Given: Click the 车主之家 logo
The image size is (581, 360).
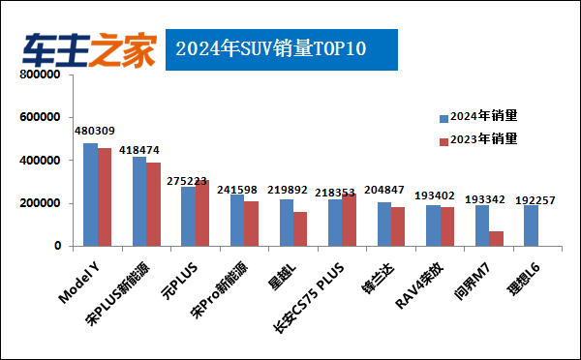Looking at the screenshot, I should (90, 49).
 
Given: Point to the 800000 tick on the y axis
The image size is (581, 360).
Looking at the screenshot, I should (41, 75).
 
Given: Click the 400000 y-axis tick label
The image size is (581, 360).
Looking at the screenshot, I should (41, 161).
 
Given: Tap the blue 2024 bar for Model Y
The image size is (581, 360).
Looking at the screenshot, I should (90, 195).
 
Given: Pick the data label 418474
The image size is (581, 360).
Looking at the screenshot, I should (140, 151).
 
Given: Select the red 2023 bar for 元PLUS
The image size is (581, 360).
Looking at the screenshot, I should (202, 213).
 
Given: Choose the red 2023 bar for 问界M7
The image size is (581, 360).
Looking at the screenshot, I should (497, 238).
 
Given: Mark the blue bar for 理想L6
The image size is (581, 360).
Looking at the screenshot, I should (531, 225).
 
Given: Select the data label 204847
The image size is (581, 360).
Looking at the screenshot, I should (386, 190).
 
